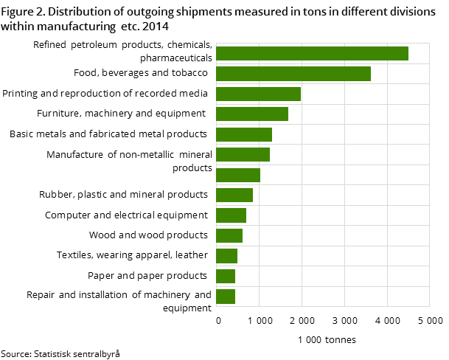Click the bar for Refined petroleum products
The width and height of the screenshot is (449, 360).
click(312, 53)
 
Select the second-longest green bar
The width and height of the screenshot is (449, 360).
click(293, 74)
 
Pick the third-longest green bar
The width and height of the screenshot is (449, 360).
click(258, 94)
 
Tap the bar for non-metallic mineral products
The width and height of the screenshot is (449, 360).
click(243, 154)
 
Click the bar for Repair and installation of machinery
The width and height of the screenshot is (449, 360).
click(226, 296)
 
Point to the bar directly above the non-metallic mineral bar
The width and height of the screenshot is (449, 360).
click(244, 134)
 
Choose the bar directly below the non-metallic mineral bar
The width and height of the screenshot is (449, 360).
click(238, 175)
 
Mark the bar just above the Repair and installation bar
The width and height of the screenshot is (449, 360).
click(226, 276)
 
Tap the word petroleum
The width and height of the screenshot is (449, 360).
click(94, 45)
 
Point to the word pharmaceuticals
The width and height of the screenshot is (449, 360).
click(176, 58)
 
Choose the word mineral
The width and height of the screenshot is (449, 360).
click(195, 155)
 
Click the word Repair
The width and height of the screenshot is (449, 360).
click(41, 295)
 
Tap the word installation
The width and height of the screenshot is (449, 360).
click(103, 295)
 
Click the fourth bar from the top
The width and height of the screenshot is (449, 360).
click(252, 114)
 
